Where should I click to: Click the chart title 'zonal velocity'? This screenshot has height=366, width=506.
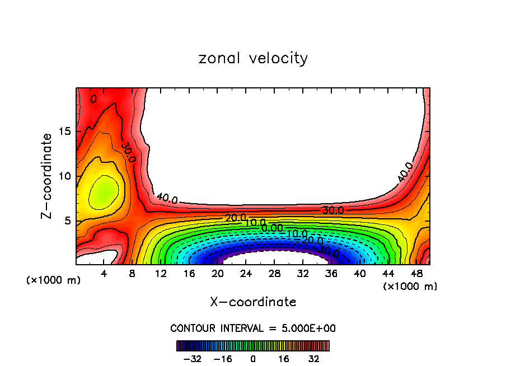pyautogui.click(x=253, y=58)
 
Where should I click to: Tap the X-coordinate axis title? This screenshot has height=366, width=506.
pyautogui.click(x=253, y=302)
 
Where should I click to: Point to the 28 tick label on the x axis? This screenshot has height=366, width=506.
pyautogui.click(x=274, y=274)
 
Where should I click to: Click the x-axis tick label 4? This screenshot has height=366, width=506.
pyautogui.click(x=105, y=274)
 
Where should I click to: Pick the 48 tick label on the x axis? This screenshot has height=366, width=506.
pyautogui.click(x=416, y=274)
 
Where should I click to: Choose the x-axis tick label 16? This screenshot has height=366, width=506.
pyautogui.click(x=189, y=274)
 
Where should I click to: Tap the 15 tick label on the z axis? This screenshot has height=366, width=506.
pyautogui.click(x=64, y=132)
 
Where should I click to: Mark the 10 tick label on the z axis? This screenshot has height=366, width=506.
pyautogui.click(x=64, y=176)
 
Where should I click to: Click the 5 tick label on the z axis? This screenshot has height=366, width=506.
pyautogui.click(x=67, y=221)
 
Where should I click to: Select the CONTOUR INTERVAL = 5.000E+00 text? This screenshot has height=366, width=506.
pyautogui.click(x=253, y=329)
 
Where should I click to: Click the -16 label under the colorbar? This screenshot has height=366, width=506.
pyautogui.click(x=223, y=358)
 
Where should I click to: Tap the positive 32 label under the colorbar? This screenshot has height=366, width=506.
pyautogui.click(x=314, y=358)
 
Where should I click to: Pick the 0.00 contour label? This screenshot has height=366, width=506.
pyautogui.click(x=273, y=228)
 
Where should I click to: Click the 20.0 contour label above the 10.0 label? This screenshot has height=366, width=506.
pyautogui.click(x=235, y=218)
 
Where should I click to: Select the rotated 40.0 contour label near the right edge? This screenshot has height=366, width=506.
pyautogui.click(x=405, y=172)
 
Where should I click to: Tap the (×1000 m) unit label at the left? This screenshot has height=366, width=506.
pyautogui.click(x=54, y=280)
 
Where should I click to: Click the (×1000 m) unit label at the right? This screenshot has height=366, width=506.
pyautogui.click(x=410, y=287)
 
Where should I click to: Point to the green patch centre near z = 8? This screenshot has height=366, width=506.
pyautogui.click(x=104, y=192)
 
